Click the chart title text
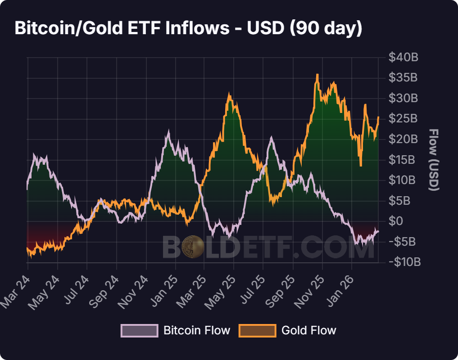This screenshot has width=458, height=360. click(x=188, y=28)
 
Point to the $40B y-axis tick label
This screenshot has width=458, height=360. click(x=404, y=58)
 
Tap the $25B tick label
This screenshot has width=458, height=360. click(x=404, y=119)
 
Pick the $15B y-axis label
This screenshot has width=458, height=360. click(x=404, y=160)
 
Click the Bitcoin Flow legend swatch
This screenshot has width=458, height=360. click(x=140, y=331)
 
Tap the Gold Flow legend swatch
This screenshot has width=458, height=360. click(x=257, y=331)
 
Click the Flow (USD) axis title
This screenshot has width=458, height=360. click(x=433, y=160)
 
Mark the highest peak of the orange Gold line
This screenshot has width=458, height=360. click(x=317, y=75)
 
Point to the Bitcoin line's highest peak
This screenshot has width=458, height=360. click(x=168, y=132)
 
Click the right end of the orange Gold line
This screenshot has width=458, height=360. click(x=378, y=117)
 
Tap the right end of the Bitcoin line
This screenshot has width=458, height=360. click(x=378, y=231)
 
